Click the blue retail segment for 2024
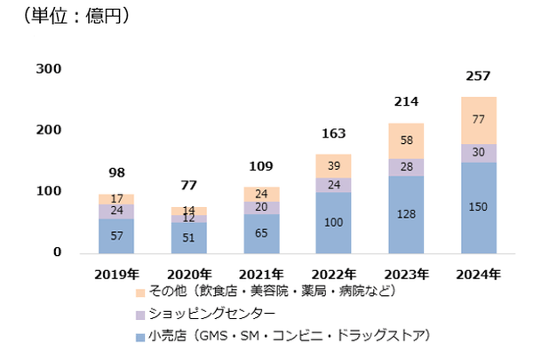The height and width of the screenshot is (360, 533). click(x=478, y=207)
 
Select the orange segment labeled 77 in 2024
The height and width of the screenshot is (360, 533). click(x=478, y=120)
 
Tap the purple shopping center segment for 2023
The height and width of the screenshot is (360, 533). click(x=406, y=167)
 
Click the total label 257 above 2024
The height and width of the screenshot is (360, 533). click(x=478, y=77)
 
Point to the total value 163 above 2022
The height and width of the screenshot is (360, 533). click(x=334, y=135)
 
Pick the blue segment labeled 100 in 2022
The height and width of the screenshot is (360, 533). click(x=334, y=221)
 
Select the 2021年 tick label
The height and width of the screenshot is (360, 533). click(x=261, y=273)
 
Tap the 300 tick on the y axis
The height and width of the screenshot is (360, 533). click(x=49, y=69)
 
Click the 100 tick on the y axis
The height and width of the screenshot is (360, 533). click(x=49, y=191)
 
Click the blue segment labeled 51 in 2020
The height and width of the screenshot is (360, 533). click(x=189, y=236)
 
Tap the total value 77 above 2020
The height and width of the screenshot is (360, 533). click(x=189, y=188)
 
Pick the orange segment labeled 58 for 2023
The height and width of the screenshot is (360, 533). click(x=406, y=140)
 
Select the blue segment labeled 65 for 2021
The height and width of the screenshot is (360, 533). click(x=261, y=233)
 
